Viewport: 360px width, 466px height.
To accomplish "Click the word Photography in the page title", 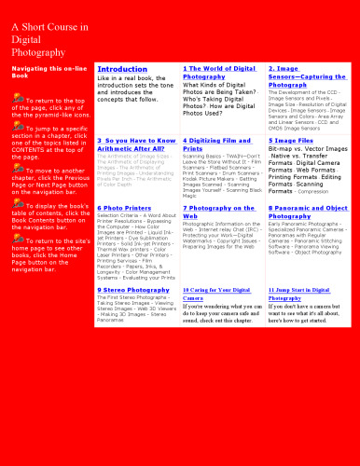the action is coord(38,53).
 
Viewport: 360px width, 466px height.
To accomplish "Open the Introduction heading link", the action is coord(122,69).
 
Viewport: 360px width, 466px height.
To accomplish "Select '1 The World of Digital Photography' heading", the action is coord(219,73).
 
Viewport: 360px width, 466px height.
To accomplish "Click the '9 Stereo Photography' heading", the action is coord(134,290).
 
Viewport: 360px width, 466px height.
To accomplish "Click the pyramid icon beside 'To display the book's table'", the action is coord(18,202).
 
